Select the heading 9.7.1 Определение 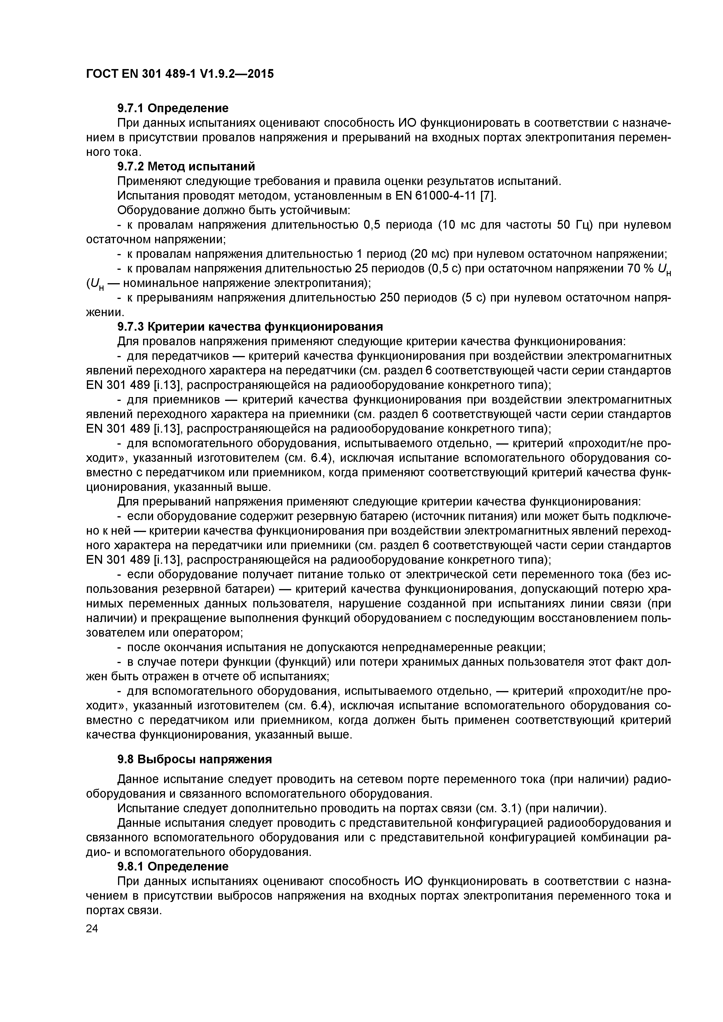tap(173, 108)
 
